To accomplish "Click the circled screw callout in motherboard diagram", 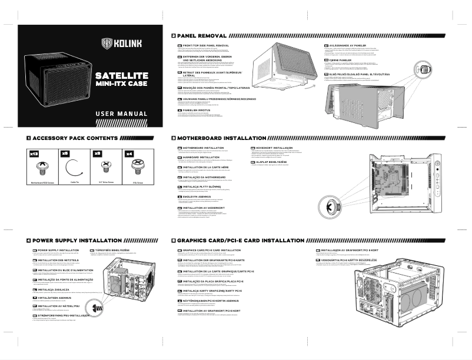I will tap(331, 209).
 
